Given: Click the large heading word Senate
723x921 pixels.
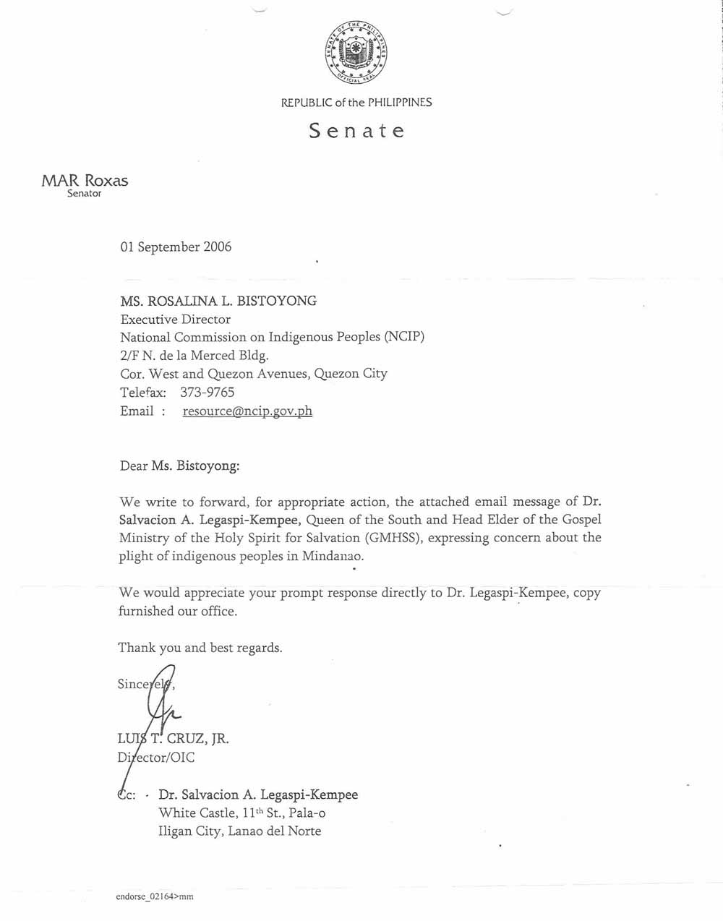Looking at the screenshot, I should tap(356, 131).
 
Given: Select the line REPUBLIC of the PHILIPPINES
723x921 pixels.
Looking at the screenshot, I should tap(356, 103).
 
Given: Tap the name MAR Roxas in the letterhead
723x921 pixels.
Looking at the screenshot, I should tap(85, 181).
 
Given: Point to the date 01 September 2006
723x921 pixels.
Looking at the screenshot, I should tap(176, 247).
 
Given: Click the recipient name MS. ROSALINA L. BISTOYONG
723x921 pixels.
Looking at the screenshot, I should tap(218, 301).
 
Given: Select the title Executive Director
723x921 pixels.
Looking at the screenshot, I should tap(176, 320).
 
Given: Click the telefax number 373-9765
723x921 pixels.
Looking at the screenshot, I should tap(207, 393).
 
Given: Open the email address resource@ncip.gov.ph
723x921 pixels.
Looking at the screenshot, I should tap(247, 411).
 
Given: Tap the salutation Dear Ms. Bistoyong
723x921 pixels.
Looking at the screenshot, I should tap(179, 466).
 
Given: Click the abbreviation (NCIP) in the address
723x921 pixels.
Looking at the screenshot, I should tap(404, 338).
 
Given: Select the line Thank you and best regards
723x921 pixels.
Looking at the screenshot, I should tap(200, 648).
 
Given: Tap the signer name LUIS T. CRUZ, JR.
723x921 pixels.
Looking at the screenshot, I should tap(174, 740).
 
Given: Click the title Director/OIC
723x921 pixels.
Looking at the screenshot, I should tap(155, 758).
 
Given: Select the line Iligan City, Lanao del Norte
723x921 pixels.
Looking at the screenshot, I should tap(239, 831).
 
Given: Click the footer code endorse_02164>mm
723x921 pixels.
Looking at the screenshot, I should tap(154, 896).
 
